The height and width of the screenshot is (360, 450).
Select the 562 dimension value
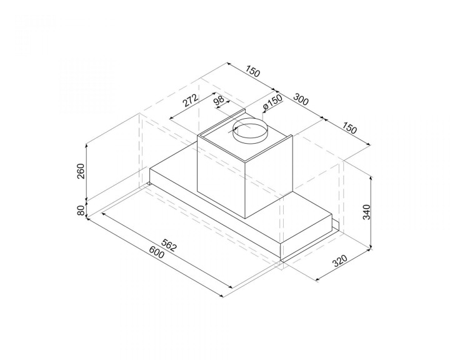click(x=169, y=244)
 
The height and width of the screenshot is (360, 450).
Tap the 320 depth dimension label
click(x=340, y=261)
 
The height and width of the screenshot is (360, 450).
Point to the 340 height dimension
click(x=367, y=212)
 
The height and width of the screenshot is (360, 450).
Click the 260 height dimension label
click(x=81, y=171)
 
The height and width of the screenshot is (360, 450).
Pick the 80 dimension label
click(x=81, y=211)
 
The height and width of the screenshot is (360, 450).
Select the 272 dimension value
click(x=190, y=100)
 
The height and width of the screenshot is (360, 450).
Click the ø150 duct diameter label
click(x=272, y=102)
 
